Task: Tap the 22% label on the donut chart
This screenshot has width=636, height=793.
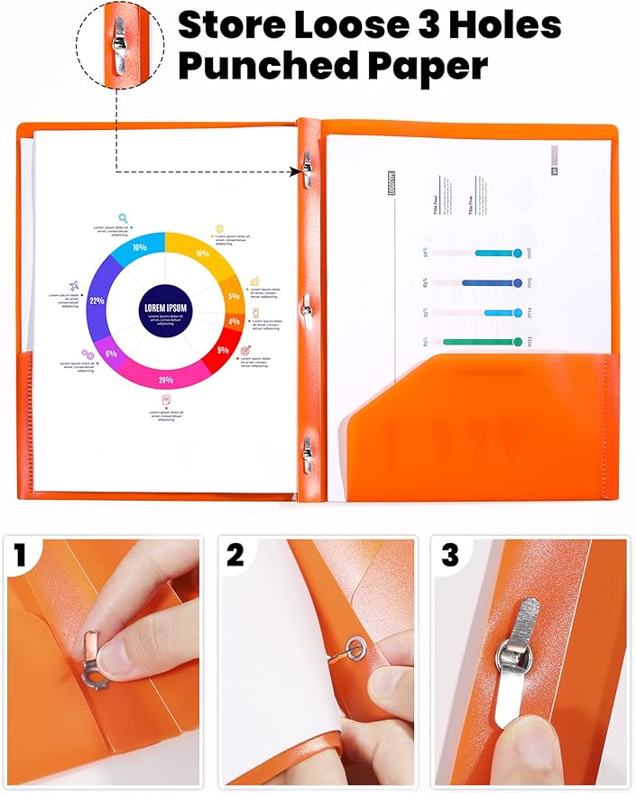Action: coord(97,300)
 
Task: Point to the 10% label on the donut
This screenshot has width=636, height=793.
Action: coord(140,246)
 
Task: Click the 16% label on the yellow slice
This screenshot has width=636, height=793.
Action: coord(201,254)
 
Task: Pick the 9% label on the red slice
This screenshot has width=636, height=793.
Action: coord(223,350)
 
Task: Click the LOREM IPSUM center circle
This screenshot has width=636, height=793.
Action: coord(164,308)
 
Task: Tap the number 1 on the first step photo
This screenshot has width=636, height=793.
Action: coord(20,555)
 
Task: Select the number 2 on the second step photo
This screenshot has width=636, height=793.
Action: coord(235,555)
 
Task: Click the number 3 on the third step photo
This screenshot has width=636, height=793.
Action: coord(449,555)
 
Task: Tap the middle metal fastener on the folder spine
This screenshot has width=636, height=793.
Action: coord(308,307)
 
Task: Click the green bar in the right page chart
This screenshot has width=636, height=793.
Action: coord(483,342)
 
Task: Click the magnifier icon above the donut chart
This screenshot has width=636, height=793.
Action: coord(123,217)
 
